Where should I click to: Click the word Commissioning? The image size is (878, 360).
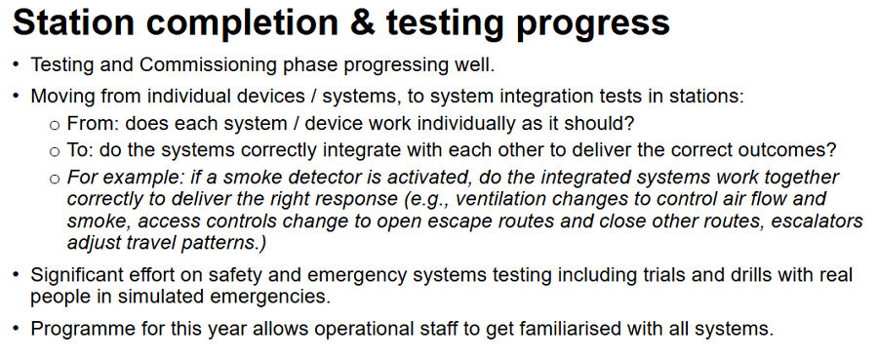click(208, 65)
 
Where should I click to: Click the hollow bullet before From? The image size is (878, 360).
click(55, 125)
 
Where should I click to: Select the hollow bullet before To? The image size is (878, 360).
click(55, 152)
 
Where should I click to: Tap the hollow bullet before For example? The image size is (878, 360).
click(55, 180)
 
